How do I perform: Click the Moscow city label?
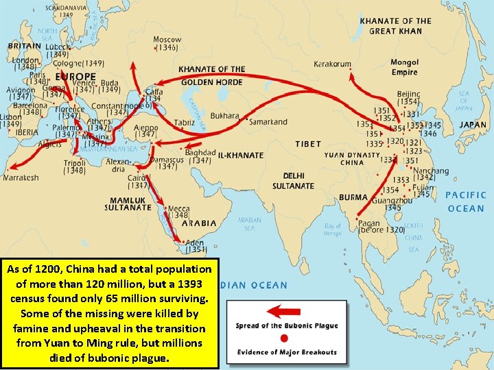coord(167,40)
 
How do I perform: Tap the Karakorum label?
coord(332,64)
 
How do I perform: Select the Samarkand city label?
coord(268,122)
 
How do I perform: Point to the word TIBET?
coord(308,144)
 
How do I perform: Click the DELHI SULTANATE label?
coord(293,180)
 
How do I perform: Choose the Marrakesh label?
coord(21,177)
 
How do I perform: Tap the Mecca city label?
coord(178,208)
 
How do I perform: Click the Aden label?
coord(194,242)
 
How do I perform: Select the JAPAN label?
coord(473,125)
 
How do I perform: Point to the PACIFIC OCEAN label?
coord(465,201)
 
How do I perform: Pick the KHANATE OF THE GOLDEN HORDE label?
coord(211,75)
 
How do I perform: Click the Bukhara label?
coord(225,116)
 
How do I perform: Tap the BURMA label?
coord(353,197)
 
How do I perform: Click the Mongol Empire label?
coord(404,67)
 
